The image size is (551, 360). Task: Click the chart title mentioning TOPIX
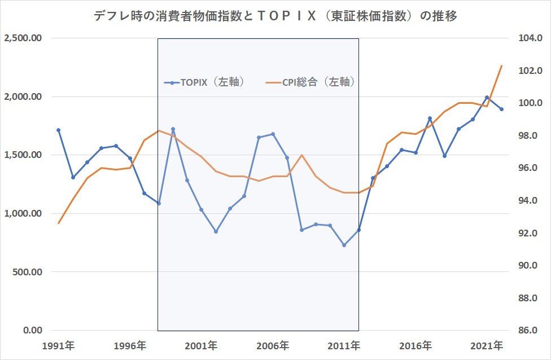(x=275, y=16)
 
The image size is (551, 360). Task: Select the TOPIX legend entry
(x=205, y=82)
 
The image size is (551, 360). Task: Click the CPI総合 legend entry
(x=311, y=82)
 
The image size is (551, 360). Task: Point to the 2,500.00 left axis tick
(x=23, y=38)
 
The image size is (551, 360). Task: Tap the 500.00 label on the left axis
(x=28, y=272)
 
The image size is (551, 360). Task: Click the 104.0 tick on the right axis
(x=530, y=38)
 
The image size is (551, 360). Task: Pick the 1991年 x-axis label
(x=58, y=346)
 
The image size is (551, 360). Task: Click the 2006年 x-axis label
(x=273, y=346)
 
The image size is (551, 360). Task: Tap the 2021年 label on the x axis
(x=487, y=346)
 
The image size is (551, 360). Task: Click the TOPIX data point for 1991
(x=58, y=130)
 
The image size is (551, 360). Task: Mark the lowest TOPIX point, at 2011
(x=344, y=245)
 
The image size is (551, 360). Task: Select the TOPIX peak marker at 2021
(x=487, y=97)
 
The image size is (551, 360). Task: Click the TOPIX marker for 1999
(x=173, y=129)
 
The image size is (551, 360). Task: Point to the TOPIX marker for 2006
(x=273, y=134)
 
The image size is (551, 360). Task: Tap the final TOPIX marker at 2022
(x=501, y=109)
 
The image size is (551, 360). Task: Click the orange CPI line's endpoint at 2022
(x=501, y=65)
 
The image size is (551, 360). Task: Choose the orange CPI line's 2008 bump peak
(x=301, y=155)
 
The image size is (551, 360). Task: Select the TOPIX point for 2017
(x=430, y=118)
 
